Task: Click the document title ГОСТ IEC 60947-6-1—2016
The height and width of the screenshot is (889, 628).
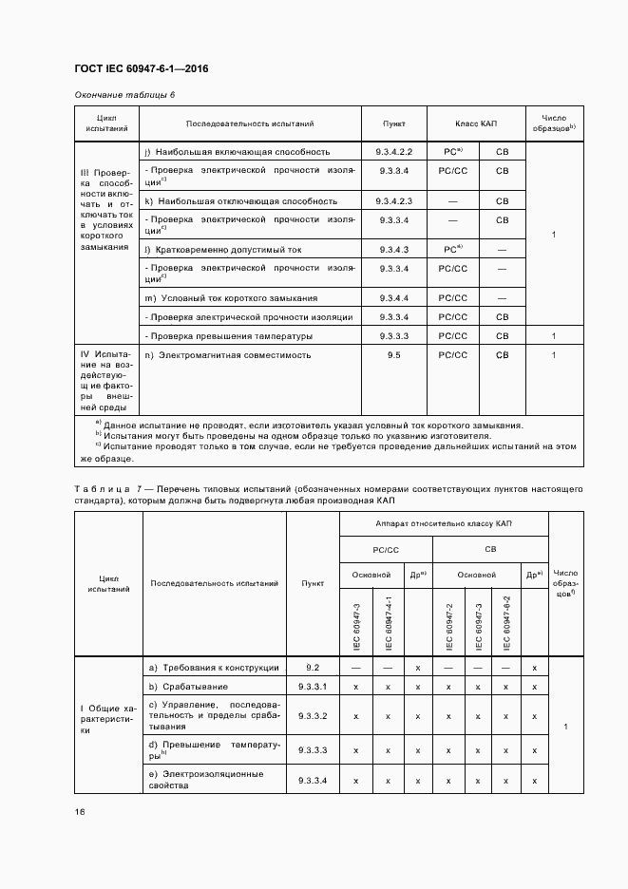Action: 142,69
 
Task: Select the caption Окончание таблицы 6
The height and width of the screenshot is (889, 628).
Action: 124,95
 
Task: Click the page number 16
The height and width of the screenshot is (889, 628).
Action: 80,811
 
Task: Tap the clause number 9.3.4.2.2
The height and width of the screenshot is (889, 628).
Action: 393,151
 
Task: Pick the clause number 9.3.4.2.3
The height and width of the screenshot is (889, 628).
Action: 393,200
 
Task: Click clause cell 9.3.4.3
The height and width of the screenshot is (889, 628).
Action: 393,249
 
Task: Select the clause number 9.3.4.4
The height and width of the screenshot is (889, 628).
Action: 393,297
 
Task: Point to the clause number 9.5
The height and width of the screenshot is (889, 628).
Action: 393,354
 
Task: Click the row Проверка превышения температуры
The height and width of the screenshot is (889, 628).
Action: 228,336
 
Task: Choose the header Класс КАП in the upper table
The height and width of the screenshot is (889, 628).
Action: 475,123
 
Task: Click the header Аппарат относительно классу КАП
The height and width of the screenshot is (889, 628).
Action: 443,523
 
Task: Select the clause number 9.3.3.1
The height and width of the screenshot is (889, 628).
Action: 312,686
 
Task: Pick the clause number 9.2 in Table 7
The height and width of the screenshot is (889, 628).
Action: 312,668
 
